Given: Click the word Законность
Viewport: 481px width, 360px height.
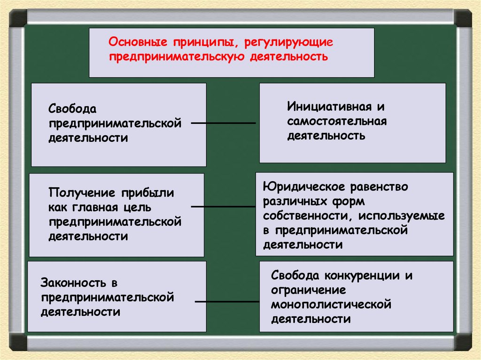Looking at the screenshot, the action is tap(73, 283).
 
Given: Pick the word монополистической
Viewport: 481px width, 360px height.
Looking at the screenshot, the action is tap(331, 305).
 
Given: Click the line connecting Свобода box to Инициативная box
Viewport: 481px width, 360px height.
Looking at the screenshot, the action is tap(223, 123).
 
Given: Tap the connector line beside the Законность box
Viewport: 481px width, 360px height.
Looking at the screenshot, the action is tap(226, 301).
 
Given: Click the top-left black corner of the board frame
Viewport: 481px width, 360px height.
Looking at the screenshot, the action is tap(18, 18).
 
